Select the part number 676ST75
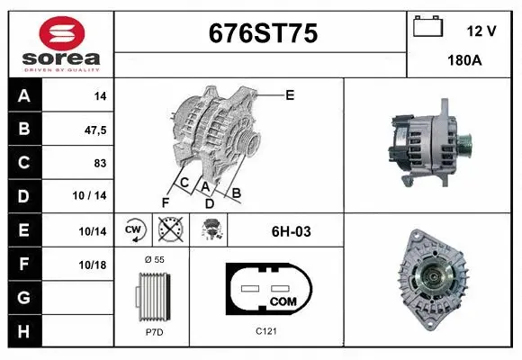coord(262,34)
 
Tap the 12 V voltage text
coord(481,30)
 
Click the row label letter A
coord(23,96)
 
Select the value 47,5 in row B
coord(94,130)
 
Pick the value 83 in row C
coord(100,164)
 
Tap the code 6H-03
coord(291,231)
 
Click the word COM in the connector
coord(283,301)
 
